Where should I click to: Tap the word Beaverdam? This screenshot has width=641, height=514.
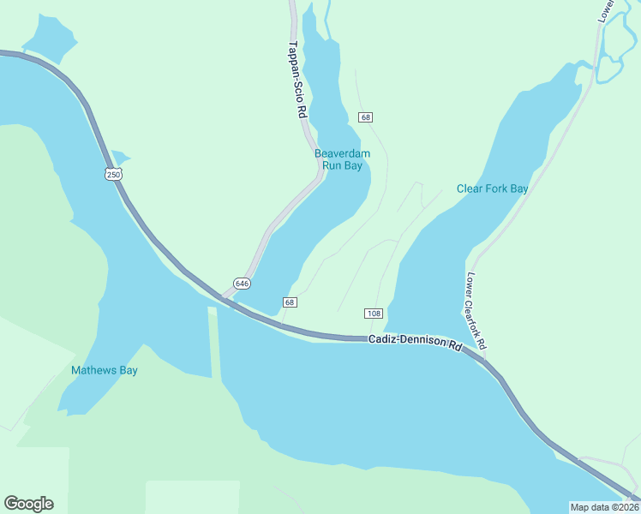coord(342,154)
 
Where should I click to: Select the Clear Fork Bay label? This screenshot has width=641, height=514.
coord(492,188)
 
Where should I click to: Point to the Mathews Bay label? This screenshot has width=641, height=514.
coord(105,371)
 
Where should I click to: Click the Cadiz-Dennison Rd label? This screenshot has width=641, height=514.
coord(416,341)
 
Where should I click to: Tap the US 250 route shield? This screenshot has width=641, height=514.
coord(114,174)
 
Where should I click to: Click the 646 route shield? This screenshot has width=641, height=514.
coord(242,283)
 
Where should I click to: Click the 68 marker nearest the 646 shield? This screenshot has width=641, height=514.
coord(290,302)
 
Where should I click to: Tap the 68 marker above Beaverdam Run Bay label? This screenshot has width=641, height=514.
coord(366,117)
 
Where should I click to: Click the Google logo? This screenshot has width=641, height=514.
coord(28,504)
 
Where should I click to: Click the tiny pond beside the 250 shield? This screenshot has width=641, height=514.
coord(119,157)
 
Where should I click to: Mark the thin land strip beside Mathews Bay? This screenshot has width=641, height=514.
coord(213,343)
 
